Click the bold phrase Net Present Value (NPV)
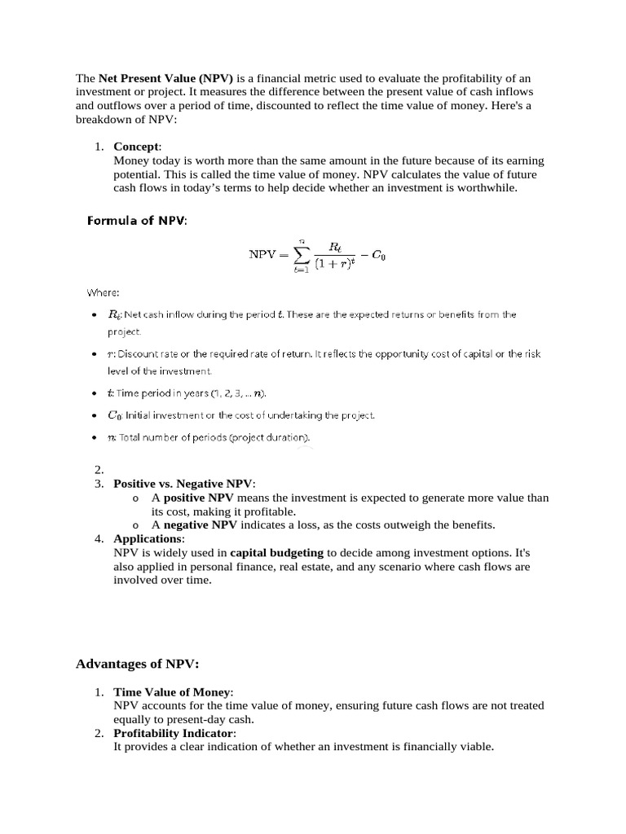pyautogui.click(x=166, y=79)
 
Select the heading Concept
pyautogui.click(x=137, y=147)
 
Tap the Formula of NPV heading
pyautogui.click(x=137, y=221)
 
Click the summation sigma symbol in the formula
pyautogui.click(x=302, y=255)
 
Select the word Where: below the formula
pyautogui.click(x=104, y=292)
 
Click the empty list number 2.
pyautogui.click(x=99, y=470)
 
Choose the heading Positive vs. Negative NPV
pyautogui.click(x=183, y=484)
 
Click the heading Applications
pyautogui.click(x=148, y=539)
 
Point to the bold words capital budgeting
pyautogui.click(x=276, y=553)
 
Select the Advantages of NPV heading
pyautogui.click(x=137, y=664)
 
